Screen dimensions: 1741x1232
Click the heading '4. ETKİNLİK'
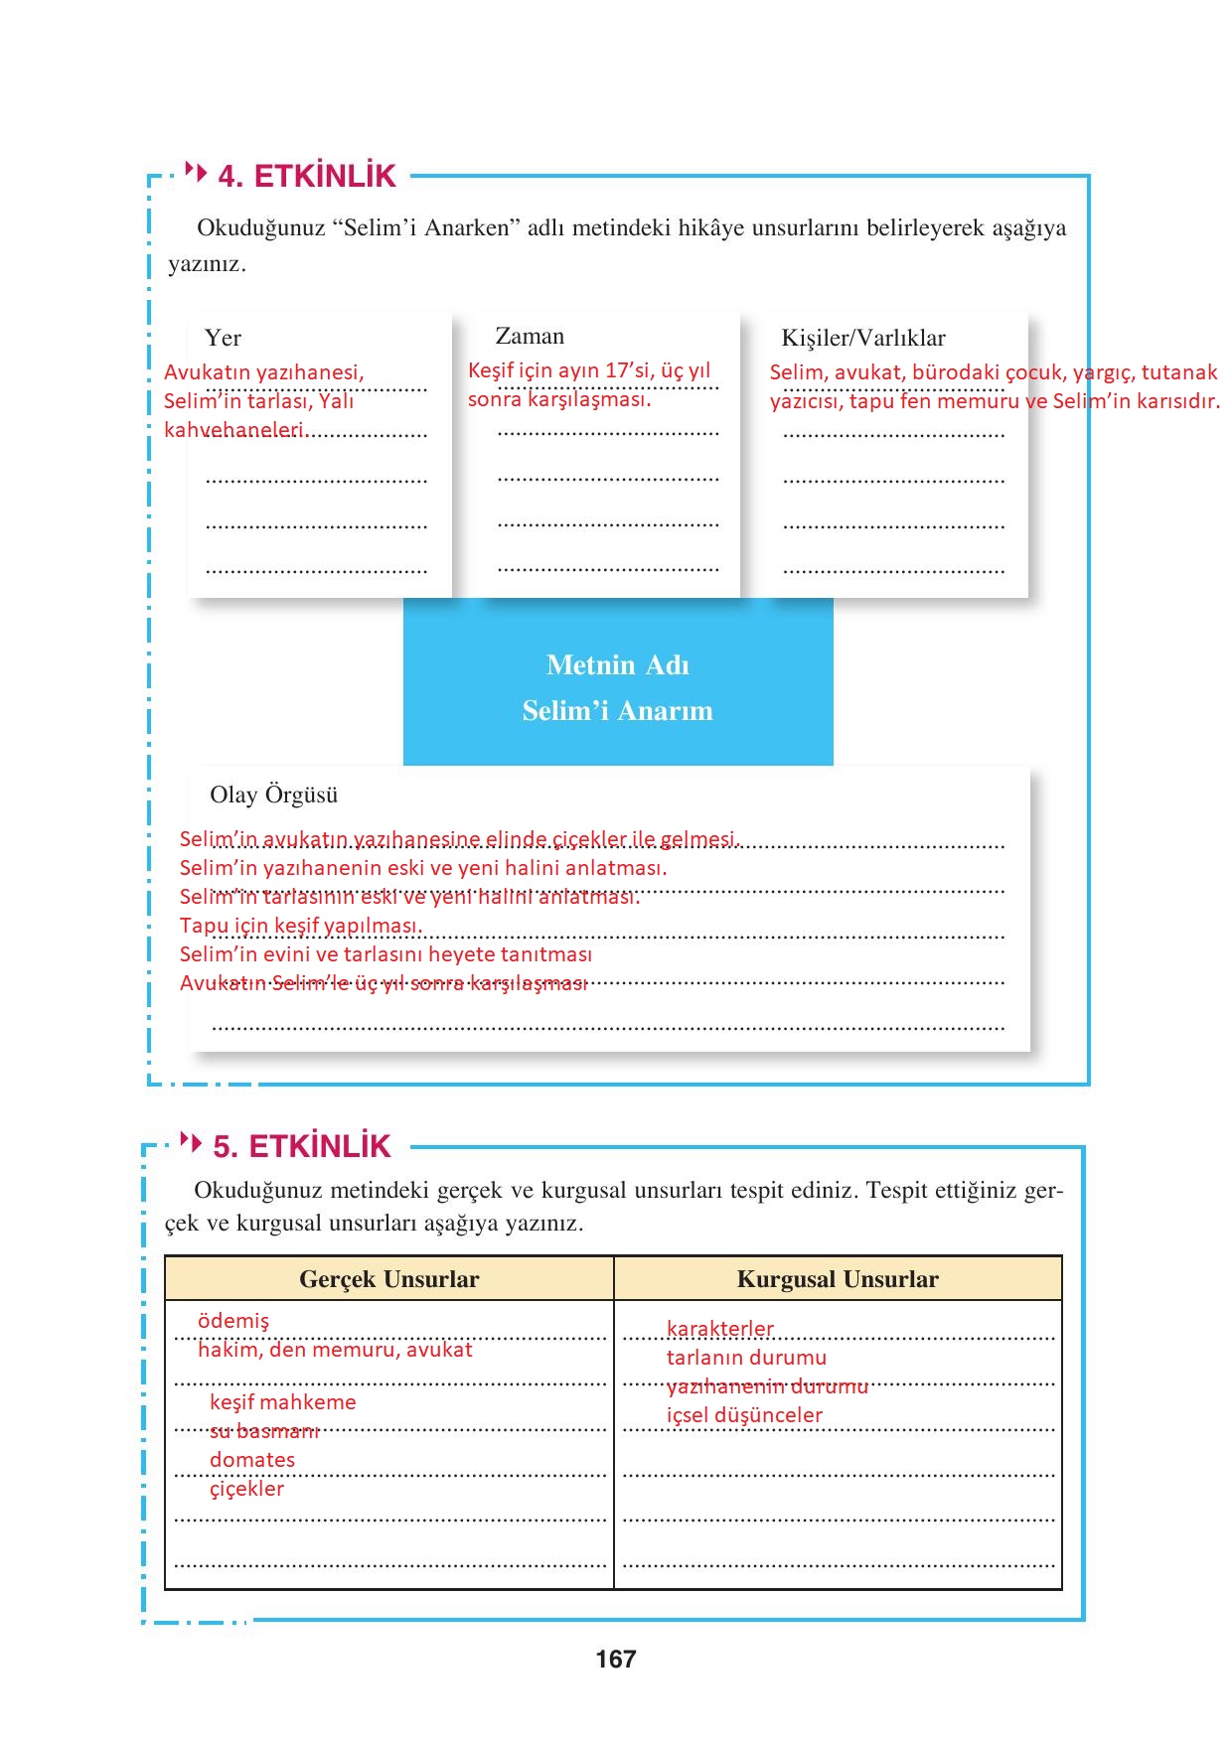306,177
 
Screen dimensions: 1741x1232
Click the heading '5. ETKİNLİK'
302,1147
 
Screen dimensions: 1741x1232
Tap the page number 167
616,1659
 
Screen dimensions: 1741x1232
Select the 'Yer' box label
223,339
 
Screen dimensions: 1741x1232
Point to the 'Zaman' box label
530,337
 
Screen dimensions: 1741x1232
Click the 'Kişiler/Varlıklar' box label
862,339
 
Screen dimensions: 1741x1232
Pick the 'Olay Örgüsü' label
274,796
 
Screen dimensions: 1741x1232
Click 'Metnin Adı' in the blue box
617,665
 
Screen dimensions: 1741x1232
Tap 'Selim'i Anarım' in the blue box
617,711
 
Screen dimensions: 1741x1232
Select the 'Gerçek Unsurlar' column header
388,1279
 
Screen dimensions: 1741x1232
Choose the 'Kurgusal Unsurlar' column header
838,1279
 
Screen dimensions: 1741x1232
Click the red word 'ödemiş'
233,1321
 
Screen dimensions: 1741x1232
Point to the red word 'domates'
252,1460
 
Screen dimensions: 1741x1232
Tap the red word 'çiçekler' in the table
246,1489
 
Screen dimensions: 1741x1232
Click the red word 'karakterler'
719,1329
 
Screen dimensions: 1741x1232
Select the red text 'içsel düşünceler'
744,1415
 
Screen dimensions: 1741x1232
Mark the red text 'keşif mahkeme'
282,1402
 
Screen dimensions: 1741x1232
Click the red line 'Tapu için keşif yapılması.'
301,926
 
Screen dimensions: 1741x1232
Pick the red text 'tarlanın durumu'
746,1358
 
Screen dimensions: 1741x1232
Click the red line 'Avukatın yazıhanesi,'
264,372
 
